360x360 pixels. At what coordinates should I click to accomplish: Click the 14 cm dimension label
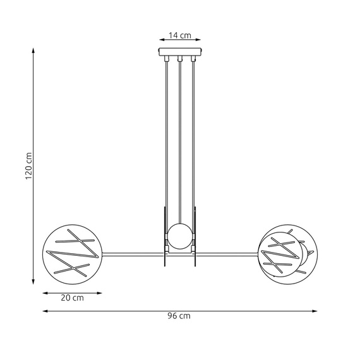click(180, 36)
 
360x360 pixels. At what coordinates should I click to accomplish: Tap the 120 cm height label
click(28, 166)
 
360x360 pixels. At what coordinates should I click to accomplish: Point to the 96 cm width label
click(180, 315)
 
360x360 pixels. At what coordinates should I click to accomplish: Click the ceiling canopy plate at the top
click(180, 52)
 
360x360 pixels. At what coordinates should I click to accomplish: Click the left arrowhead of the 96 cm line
click(45, 311)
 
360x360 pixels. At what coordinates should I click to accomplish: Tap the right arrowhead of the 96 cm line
click(315, 311)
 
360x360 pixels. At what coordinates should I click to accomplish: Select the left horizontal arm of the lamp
click(132, 254)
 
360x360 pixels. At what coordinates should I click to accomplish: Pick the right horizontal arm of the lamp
click(227, 254)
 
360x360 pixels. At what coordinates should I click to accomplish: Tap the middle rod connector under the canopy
click(180, 60)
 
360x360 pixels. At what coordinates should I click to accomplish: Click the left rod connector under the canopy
click(167, 60)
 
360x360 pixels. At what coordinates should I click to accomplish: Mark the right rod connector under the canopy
click(193, 60)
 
